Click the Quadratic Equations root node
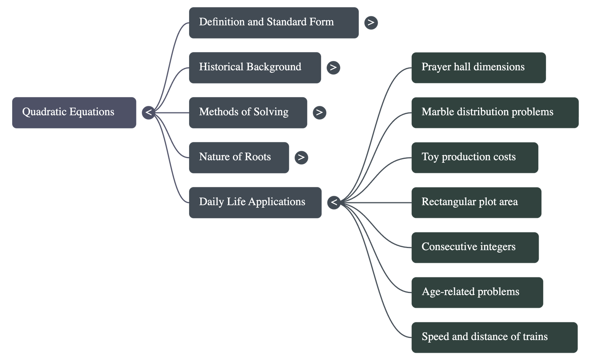[x=74, y=112]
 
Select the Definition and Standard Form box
[x=273, y=22]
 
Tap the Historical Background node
[x=255, y=67]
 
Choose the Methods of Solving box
[x=247, y=112]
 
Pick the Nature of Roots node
[x=239, y=157]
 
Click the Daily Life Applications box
[x=255, y=202]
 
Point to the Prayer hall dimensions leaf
[x=478, y=67]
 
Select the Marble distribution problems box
[x=495, y=112]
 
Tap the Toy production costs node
[x=474, y=157]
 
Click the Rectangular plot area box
[x=476, y=202]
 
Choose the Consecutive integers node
[x=475, y=247]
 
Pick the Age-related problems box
[x=477, y=292]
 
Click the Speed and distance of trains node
[x=494, y=337]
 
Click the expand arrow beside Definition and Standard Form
[x=371, y=22]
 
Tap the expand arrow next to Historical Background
[x=333, y=67]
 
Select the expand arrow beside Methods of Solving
[x=319, y=112]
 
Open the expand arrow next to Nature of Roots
[x=301, y=157]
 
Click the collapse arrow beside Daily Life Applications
[x=334, y=202]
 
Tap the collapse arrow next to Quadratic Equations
[x=149, y=112]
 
